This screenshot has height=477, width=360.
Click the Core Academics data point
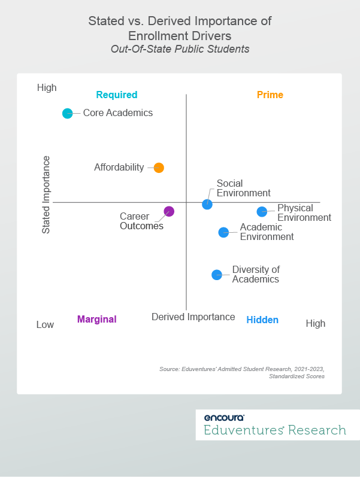pos(68,113)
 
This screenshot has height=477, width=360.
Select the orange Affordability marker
pos(159,168)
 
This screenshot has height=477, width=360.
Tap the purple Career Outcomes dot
pos(169,211)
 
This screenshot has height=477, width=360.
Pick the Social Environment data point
pos(207,204)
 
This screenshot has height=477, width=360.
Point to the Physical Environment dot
pos(262,211)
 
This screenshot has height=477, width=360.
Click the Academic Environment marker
pos(223,232)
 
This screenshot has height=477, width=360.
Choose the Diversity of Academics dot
pos(217,275)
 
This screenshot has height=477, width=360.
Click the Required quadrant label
pos(117,95)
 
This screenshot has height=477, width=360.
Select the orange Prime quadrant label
pos(270,95)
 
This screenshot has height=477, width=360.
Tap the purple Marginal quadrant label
pos(96,319)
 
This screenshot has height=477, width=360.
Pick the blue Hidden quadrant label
pos(262,320)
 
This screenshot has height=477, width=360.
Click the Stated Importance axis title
pos(46,195)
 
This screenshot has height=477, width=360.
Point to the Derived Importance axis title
pos(193,317)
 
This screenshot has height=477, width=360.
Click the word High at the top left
pos(47,88)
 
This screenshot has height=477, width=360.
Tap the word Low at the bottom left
pos(45,324)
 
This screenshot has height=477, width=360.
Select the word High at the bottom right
pos(316,323)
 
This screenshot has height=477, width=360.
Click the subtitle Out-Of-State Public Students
pos(180,49)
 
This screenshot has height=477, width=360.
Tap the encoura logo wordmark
pos(224,418)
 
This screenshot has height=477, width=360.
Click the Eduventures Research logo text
pos(275,430)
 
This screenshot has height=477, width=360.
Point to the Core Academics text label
pos(117,113)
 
